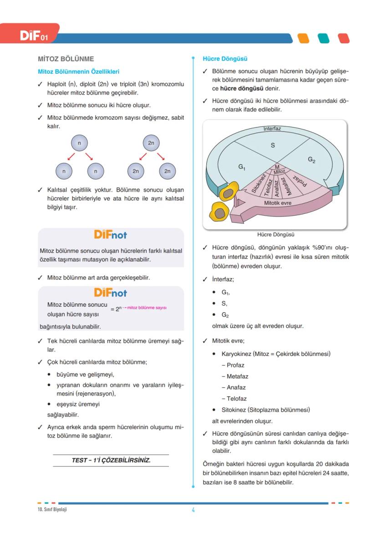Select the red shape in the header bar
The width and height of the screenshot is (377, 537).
point(343,38)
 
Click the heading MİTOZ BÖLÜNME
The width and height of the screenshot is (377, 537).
point(66,59)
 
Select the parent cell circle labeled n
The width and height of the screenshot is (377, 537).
point(80,143)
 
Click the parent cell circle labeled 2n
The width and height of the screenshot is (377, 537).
point(151,143)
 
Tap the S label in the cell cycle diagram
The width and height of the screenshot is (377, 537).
point(273,146)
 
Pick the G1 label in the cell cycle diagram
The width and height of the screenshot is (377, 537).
point(242,167)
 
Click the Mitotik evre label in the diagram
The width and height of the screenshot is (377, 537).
point(277,203)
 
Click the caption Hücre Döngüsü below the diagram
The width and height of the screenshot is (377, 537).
point(275,235)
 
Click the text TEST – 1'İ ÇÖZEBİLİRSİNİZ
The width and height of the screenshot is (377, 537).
point(111,460)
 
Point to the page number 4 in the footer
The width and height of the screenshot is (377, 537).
point(193,510)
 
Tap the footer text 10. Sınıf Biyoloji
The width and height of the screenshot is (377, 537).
point(52,509)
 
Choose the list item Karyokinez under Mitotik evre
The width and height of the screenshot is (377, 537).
point(275,354)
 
